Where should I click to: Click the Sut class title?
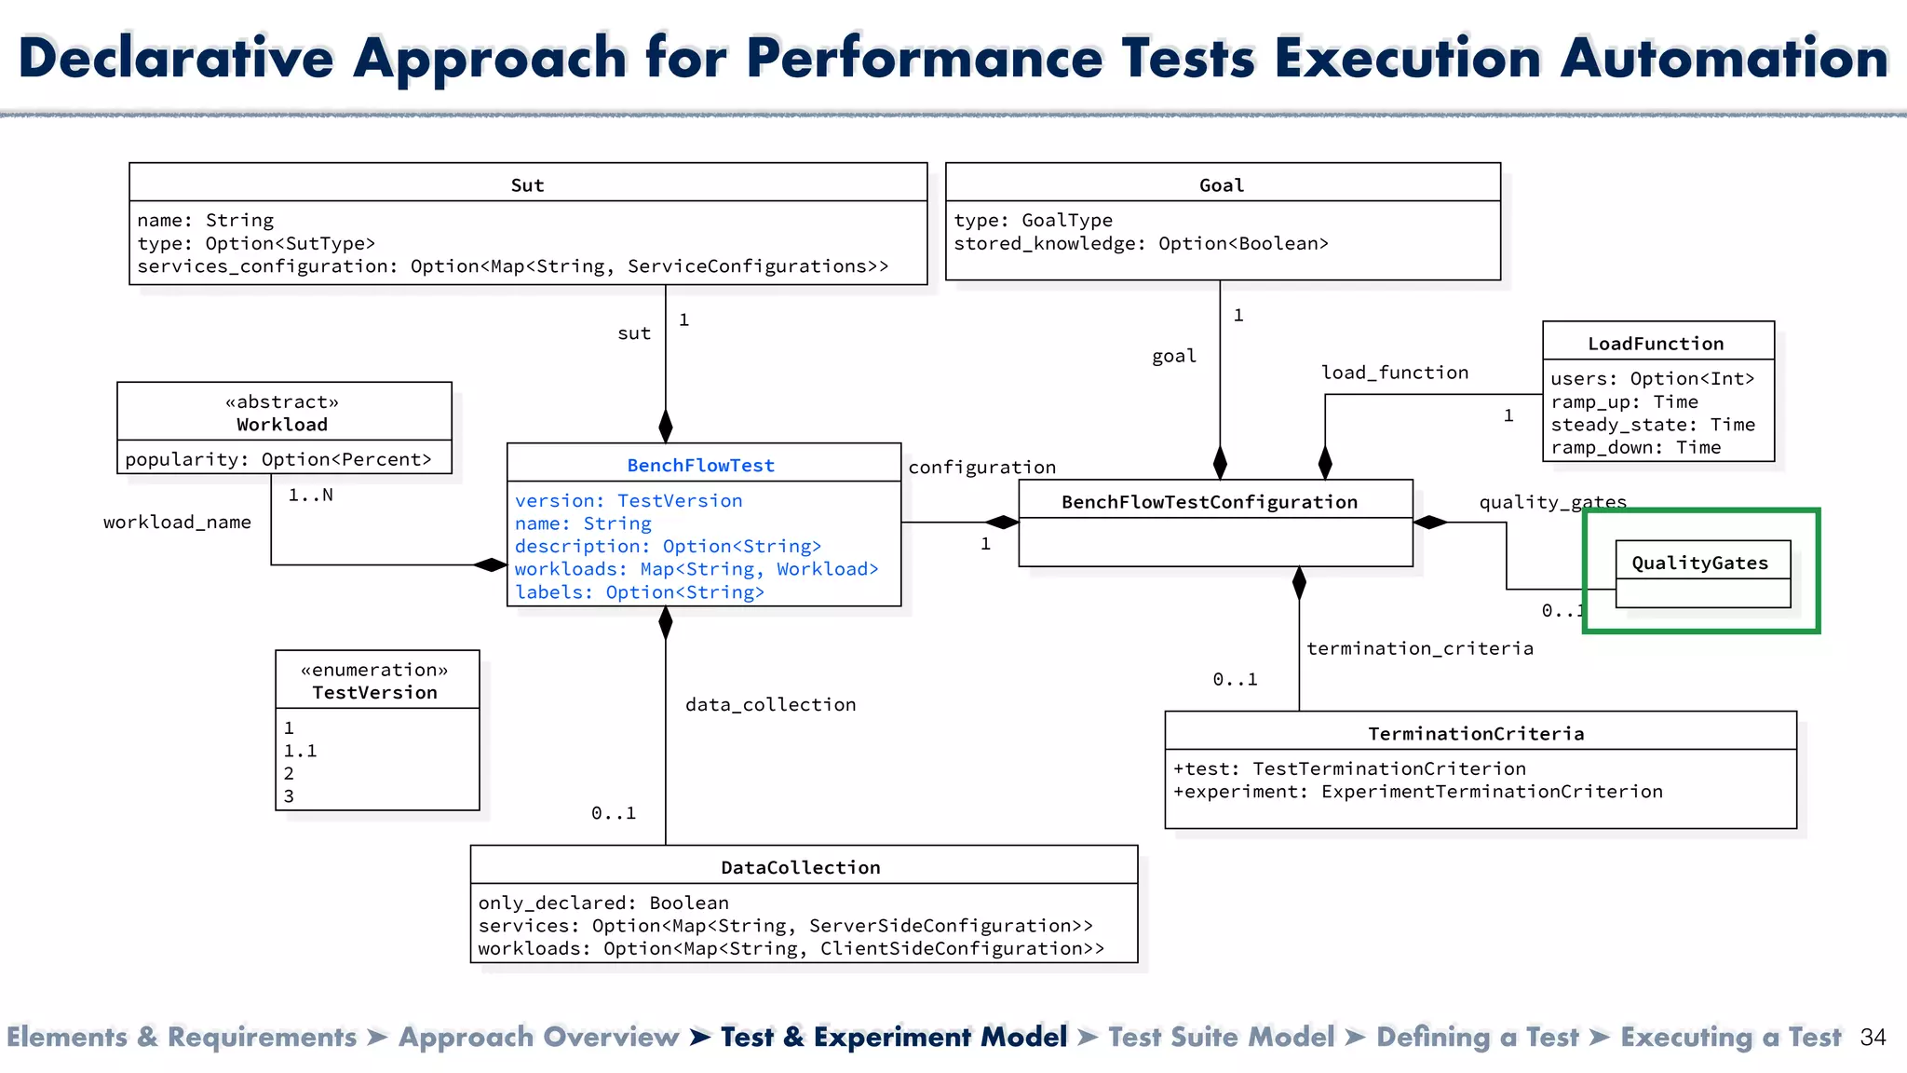coord(527,184)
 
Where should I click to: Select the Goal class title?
coord(1221,184)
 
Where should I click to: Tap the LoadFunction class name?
coord(1656,343)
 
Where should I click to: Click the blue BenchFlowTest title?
coord(700,465)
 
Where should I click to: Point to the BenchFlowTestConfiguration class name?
coord(1209,502)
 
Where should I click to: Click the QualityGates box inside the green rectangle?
coord(1699,563)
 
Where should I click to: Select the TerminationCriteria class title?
coord(1475,733)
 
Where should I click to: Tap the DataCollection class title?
coord(800,867)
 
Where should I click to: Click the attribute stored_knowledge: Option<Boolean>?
coord(1141,243)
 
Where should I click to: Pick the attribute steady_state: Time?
coord(1652,424)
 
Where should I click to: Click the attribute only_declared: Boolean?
coord(603,902)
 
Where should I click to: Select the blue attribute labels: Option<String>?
coord(639,591)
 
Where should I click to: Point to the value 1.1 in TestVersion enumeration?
coord(300,750)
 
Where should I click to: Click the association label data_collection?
coord(770,704)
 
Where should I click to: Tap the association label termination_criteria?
coord(1419,647)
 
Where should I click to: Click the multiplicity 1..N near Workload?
coord(310,495)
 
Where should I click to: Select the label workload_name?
coord(177,522)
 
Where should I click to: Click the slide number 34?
coord(1872,1037)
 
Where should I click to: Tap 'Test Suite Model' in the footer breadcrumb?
coord(1221,1037)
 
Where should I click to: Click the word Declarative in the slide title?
coord(176,58)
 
